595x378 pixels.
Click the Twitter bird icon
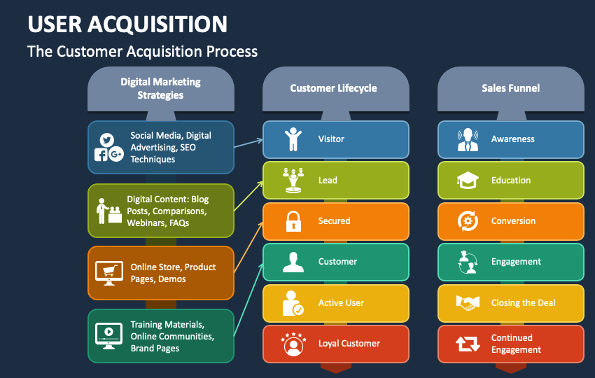pos(106,140)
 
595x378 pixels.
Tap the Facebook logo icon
pos(101,155)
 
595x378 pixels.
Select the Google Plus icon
pos(116,154)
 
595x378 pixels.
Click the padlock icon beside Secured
pos(293,221)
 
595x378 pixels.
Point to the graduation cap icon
pos(468,181)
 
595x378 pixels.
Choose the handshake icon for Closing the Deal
pos(468,303)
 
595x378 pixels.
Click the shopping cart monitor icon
pos(109,273)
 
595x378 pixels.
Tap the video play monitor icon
pos(109,336)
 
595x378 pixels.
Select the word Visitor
pos(331,139)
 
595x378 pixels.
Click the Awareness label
pos(512,139)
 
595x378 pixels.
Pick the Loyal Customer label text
pos(349,344)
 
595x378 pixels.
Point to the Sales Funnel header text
pos(511,88)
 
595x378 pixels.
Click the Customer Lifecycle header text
pos(333,88)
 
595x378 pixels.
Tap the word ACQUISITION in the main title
pos(157,24)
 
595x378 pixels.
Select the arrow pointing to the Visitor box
pos(248,143)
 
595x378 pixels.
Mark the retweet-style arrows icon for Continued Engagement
pos(468,344)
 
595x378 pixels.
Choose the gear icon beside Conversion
pos(468,221)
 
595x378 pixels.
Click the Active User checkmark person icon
pos(293,303)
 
